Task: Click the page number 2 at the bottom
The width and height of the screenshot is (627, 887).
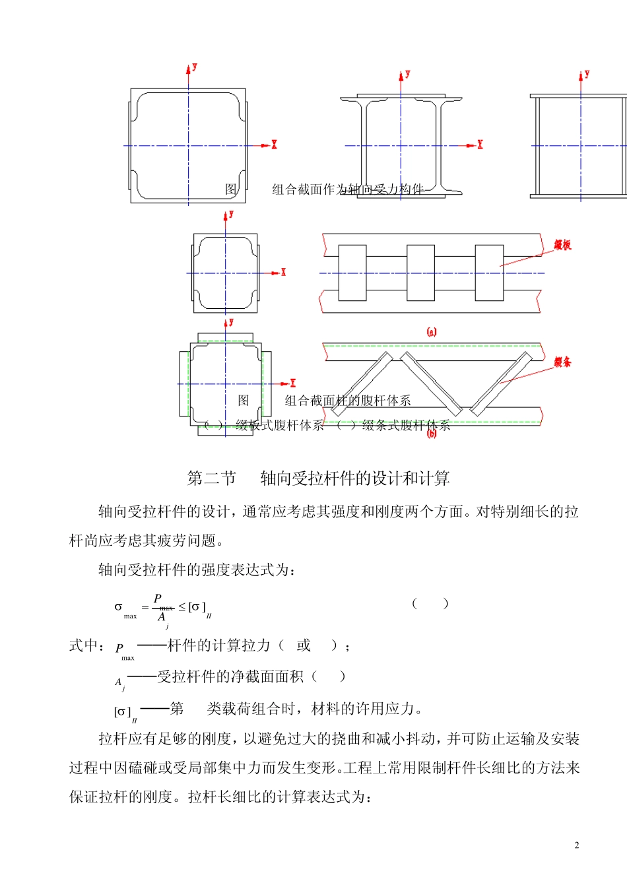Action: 577,845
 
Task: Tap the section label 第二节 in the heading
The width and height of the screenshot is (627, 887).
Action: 211,478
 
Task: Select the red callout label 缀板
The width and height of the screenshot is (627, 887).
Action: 562,246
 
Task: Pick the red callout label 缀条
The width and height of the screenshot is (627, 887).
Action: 562,362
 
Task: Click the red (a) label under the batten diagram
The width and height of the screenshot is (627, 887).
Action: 432,332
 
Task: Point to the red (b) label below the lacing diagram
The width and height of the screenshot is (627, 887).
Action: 432,434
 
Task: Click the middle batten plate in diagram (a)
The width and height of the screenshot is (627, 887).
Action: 420,273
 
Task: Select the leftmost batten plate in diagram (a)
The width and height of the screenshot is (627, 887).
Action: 352,273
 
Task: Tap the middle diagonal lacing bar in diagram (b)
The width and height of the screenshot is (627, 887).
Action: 430,383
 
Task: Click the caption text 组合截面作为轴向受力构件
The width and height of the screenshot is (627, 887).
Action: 348,189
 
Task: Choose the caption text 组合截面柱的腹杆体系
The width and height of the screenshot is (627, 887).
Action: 348,401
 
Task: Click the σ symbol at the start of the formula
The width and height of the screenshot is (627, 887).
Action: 119,607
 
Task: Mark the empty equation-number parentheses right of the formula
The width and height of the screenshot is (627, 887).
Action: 430,603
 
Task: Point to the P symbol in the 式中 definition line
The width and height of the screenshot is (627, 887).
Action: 119,648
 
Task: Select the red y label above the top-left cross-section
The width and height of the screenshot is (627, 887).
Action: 195,67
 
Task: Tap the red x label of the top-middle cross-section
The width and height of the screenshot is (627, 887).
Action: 480,145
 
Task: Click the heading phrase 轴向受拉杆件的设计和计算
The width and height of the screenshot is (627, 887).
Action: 355,478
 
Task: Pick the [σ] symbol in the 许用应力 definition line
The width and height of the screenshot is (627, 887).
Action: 123,711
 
